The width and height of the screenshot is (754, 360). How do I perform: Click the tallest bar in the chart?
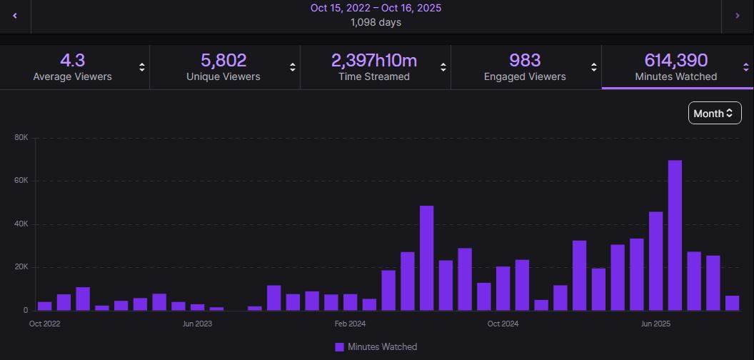point(675,235)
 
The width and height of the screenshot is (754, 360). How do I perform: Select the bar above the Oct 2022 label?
point(45,306)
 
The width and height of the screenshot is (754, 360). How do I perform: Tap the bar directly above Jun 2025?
point(656,261)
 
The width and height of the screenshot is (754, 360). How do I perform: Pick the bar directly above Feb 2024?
point(350,302)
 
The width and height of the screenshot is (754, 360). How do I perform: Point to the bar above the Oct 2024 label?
point(503,289)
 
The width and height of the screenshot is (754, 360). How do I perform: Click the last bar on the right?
point(732,303)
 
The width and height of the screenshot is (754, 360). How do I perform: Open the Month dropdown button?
point(715,113)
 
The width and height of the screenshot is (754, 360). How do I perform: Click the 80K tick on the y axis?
point(21,138)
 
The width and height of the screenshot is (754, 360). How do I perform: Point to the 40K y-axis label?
point(21,224)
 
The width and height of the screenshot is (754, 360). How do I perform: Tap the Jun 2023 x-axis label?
point(197,324)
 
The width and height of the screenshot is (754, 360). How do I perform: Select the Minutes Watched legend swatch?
point(339,347)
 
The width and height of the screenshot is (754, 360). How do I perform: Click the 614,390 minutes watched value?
point(675,60)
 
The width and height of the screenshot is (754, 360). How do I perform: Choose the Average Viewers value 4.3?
point(73,60)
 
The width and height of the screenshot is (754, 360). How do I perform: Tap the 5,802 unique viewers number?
point(223,60)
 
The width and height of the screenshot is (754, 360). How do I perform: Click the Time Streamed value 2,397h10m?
point(373,60)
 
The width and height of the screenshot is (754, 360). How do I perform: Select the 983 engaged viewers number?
point(525,60)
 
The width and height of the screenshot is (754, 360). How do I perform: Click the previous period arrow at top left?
point(15,16)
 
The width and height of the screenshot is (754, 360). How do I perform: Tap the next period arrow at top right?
point(738,16)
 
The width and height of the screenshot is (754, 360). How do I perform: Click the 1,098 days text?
point(376,23)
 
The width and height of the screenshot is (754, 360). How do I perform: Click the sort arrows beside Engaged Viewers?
point(594,67)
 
